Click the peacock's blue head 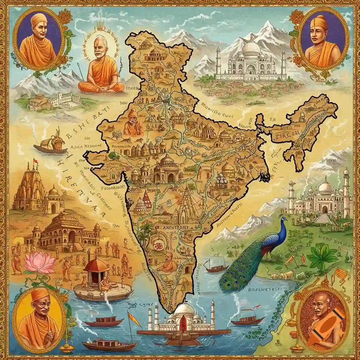pos(283,220)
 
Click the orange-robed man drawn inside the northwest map pos(133,123)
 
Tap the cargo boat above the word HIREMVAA pos(53,145)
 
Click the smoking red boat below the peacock pos(247,321)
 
